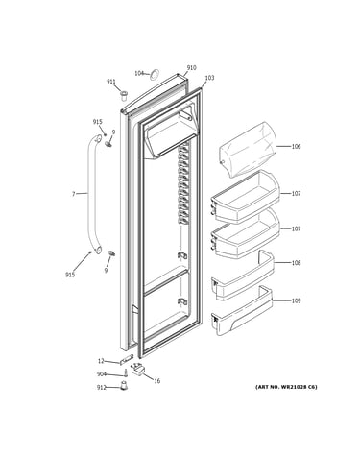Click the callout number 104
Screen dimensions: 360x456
[x=139, y=73]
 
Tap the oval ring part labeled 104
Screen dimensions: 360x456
[x=155, y=74]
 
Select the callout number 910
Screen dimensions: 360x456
[x=192, y=68]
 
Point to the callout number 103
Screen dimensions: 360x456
[x=209, y=78]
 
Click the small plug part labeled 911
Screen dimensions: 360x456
[x=124, y=95]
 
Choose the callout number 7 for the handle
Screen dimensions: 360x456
[x=74, y=194]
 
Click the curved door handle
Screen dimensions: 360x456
[x=91, y=195]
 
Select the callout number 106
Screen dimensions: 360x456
[x=296, y=147]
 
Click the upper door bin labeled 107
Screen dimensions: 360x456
[x=245, y=197]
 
